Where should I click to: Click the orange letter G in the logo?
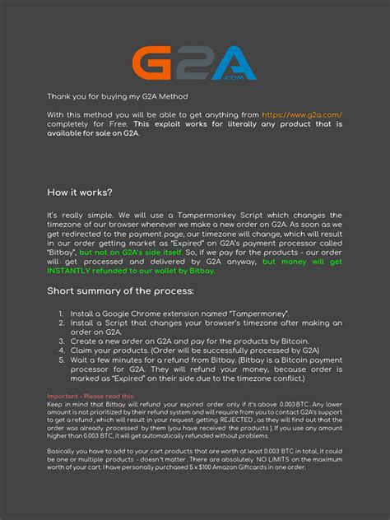coord(153,63)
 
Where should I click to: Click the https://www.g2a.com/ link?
coord(301,114)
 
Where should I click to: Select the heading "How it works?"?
coord(80,193)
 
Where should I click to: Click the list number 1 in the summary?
coord(62,313)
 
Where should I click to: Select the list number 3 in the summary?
coord(62,341)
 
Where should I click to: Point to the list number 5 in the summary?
coord(62,360)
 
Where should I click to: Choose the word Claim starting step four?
coord(83,351)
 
